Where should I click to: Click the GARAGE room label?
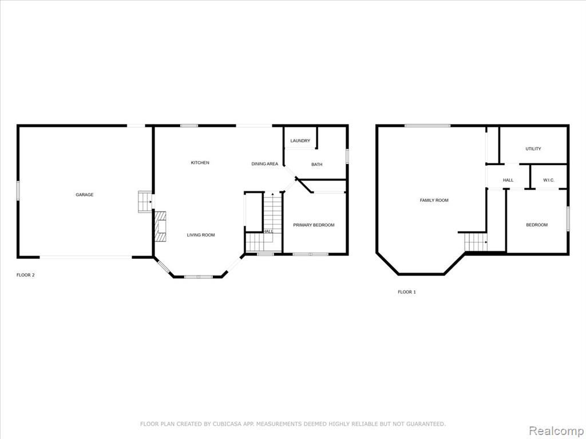coord(85,194)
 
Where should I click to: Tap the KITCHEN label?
coord(200,163)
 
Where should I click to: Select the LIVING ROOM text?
coord(201,235)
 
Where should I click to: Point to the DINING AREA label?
coord(264,164)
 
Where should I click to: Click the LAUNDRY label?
coord(300,141)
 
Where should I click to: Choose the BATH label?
coord(316,164)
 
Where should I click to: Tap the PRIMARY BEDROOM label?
coord(314,225)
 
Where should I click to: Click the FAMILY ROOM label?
coord(434,201)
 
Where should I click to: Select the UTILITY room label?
coord(533,149)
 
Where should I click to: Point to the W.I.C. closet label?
coord(549,180)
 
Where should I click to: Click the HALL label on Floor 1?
coord(508,180)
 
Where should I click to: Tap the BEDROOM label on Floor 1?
coord(537,225)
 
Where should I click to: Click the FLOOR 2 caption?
coord(25,275)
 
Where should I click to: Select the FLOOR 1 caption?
coord(407,292)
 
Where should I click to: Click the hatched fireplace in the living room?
coord(160,226)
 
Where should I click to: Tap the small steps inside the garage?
coord(145,202)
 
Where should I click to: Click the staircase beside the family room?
coord(476,242)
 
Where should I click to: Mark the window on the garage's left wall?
coord(18,191)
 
